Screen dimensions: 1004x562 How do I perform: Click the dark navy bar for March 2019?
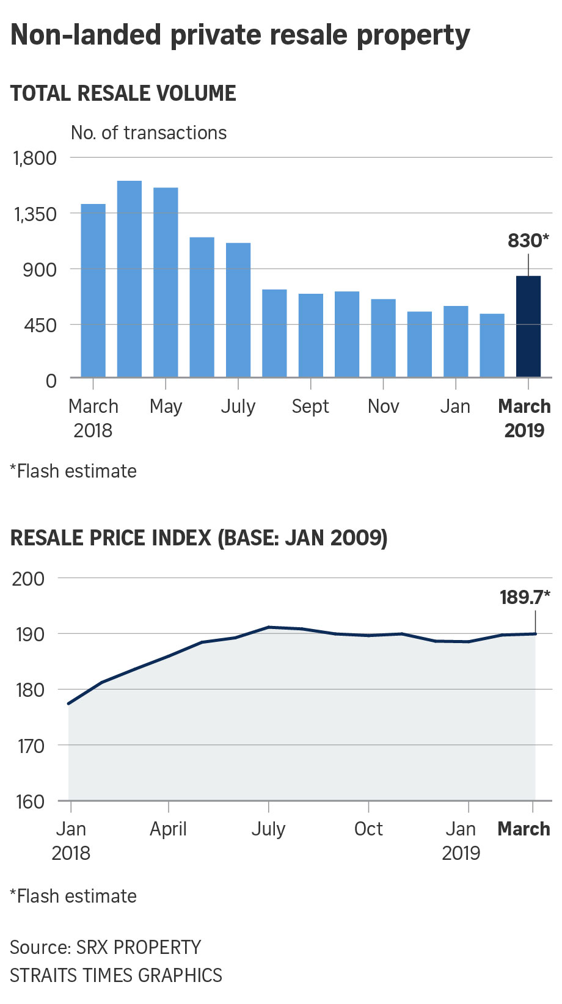[x=528, y=326]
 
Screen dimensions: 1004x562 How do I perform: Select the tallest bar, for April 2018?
[x=129, y=278]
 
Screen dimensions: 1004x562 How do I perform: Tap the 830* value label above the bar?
[x=528, y=241]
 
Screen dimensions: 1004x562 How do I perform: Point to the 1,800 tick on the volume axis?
[x=35, y=158]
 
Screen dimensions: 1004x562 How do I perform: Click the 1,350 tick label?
[x=35, y=214]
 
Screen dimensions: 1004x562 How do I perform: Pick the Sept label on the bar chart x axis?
[x=310, y=406]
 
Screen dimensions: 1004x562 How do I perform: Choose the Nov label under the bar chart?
[x=383, y=406]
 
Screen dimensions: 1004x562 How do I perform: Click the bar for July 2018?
[x=238, y=310]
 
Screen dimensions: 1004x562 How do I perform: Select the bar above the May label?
[x=166, y=282]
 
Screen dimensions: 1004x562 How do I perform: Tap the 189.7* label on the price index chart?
[x=525, y=597]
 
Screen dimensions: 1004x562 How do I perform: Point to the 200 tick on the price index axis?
[x=28, y=578]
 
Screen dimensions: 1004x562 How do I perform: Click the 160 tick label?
[x=29, y=801]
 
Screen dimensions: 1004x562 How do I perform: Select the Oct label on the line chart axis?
[x=368, y=829]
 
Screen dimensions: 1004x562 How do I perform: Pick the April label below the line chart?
[x=168, y=829]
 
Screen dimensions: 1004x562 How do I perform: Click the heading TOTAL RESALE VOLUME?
[x=123, y=93]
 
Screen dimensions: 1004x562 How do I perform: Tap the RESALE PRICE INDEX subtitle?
[x=199, y=538]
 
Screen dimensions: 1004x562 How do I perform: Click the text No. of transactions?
[x=148, y=133]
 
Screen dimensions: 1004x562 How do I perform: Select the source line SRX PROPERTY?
[x=105, y=947]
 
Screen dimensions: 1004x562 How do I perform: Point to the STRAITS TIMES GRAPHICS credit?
[x=116, y=975]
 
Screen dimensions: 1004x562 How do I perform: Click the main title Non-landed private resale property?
[x=240, y=35]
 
